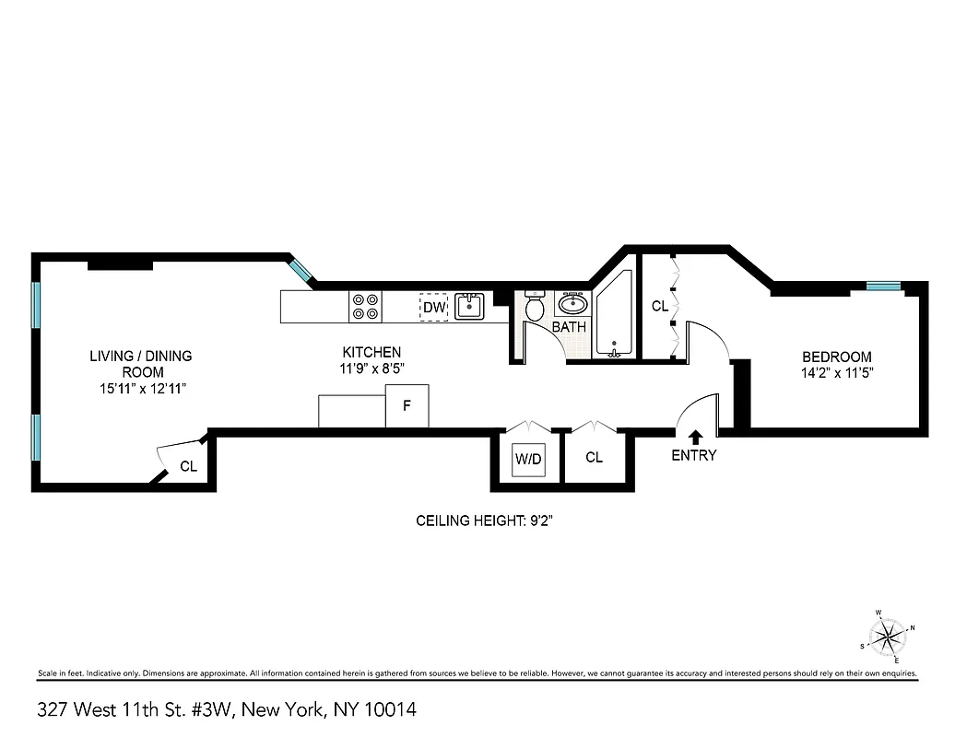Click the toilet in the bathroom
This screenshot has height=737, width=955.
pyautogui.click(x=535, y=308)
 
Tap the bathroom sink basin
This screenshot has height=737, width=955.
pyautogui.click(x=572, y=304)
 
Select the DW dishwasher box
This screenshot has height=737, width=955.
pyautogui.click(x=433, y=307)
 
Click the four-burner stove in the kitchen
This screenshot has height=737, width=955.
pyautogui.click(x=366, y=307)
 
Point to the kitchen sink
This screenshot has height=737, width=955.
pyautogui.click(x=469, y=307)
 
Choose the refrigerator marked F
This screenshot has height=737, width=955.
pyautogui.click(x=407, y=406)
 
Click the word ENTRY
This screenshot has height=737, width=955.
pyautogui.click(x=694, y=455)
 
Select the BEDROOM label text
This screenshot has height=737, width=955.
pyautogui.click(x=836, y=357)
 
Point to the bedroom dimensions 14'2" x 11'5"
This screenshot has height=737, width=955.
pyautogui.click(x=836, y=373)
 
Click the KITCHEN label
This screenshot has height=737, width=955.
pyautogui.click(x=371, y=352)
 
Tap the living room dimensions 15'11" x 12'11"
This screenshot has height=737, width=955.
pyautogui.click(x=144, y=389)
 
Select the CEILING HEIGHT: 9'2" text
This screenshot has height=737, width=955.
pyautogui.click(x=484, y=521)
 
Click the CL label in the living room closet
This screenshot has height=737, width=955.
pyautogui.click(x=188, y=467)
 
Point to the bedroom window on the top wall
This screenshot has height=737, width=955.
pyautogui.click(x=883, y=287)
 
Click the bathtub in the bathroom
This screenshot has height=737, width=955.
pyautogui.click(x=614, y=318)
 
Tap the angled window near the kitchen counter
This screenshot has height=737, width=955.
pyautogui.click(x=301, y=271)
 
